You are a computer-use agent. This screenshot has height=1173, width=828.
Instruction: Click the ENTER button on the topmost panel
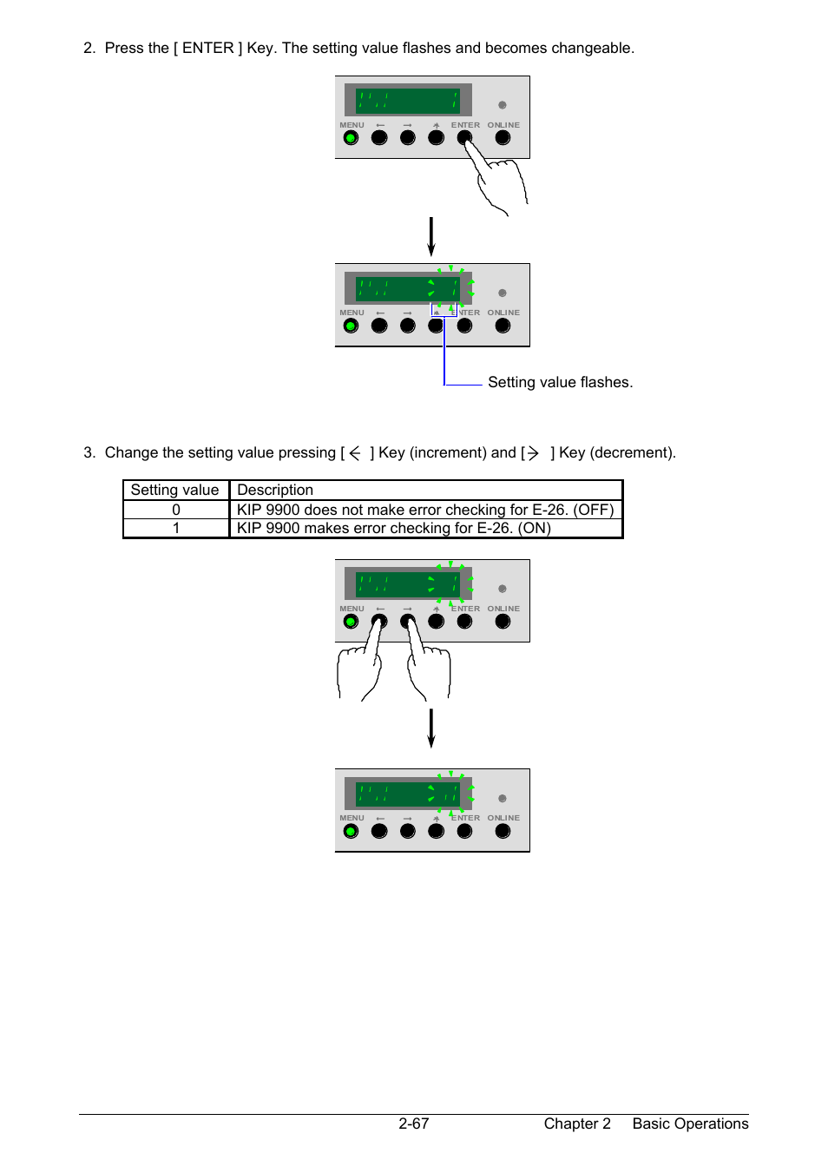pos(464,138)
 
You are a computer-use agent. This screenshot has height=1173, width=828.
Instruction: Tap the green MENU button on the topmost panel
pos(351,138)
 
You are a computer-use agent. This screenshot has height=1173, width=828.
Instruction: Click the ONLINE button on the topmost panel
pos(503,138)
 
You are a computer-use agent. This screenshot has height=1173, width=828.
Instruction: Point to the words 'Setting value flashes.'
pos(560,382)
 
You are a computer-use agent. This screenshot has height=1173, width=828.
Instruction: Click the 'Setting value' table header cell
pos(176,491)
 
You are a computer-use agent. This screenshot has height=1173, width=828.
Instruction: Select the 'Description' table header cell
pos(426,491)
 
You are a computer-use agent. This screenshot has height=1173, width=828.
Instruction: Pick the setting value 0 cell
pos(176,510)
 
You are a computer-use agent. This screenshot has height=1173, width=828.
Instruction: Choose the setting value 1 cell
pos(176,528)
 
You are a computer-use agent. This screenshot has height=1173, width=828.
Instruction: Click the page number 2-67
pos(413,1124)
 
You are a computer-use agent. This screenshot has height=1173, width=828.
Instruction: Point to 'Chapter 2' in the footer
pos(577,1124)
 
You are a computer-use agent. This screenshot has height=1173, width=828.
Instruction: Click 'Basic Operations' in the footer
pos(690,1124)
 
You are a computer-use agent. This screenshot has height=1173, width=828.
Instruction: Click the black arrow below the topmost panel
pos(431,237)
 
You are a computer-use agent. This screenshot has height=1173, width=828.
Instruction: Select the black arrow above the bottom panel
pos(431,728)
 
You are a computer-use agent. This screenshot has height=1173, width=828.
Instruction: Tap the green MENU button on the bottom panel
pos(351,831)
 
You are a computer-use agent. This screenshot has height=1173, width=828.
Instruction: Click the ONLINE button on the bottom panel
pos(503,831)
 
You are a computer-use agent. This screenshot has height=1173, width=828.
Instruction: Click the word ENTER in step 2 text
pos(207,48)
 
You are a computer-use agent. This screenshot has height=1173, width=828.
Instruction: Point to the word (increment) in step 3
pos(448,452)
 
